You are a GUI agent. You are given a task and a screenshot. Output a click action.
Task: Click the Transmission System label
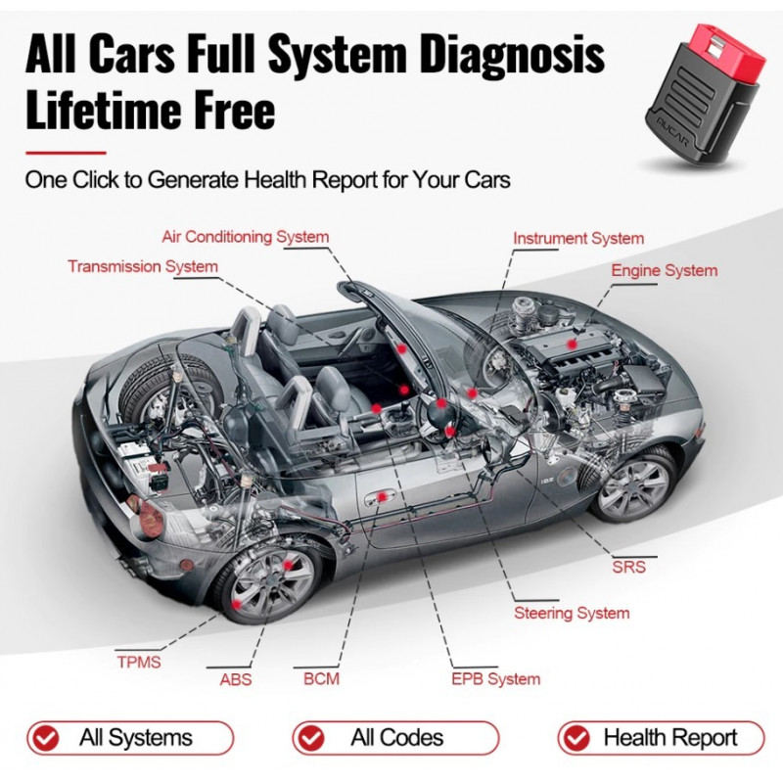click(x=143, y=266)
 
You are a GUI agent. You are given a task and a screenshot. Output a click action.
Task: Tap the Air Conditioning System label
click(x=245, y=237)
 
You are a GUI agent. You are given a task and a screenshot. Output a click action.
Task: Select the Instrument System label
click(x=578, y=238)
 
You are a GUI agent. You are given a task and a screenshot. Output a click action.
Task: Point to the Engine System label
click(x=664, y=270)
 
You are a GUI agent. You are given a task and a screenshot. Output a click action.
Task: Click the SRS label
click(x=627, y=567)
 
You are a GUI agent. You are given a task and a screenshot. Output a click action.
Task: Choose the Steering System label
click(x=572, y=614)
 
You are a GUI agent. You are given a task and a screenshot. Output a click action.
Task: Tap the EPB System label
click(x=495, y=678)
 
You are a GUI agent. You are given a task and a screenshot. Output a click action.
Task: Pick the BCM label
click(x=321, y=678)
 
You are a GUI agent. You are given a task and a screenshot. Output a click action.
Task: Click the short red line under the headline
click(x=65, y=153)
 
